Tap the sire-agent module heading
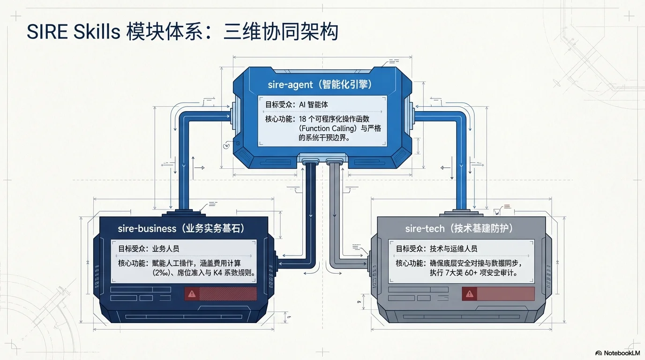(323, 85)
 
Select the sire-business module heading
(181, 228)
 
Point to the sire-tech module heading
(459, 228)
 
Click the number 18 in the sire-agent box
(304, 119)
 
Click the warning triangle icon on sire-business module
(191, 294)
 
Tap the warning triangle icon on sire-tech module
(470, 294)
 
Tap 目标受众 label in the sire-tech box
(409, 248)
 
